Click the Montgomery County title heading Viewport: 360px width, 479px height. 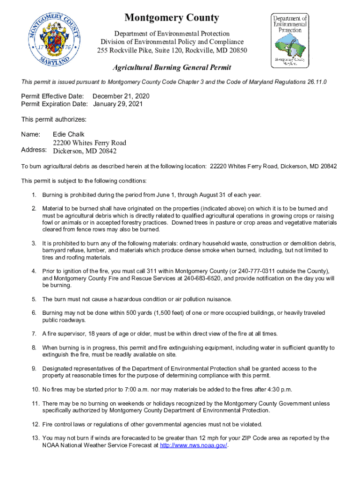[172, 18]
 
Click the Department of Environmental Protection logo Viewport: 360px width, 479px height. [290, 41]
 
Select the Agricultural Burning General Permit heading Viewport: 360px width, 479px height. [172, 68]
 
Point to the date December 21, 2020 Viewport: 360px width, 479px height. [122, 96]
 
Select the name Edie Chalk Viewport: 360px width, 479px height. [69, 134]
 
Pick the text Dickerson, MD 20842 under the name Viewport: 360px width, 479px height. [85, 151]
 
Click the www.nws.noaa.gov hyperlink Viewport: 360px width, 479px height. [194, 445]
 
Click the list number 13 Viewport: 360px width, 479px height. [35, 438]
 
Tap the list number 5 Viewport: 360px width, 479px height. [34, 299]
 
